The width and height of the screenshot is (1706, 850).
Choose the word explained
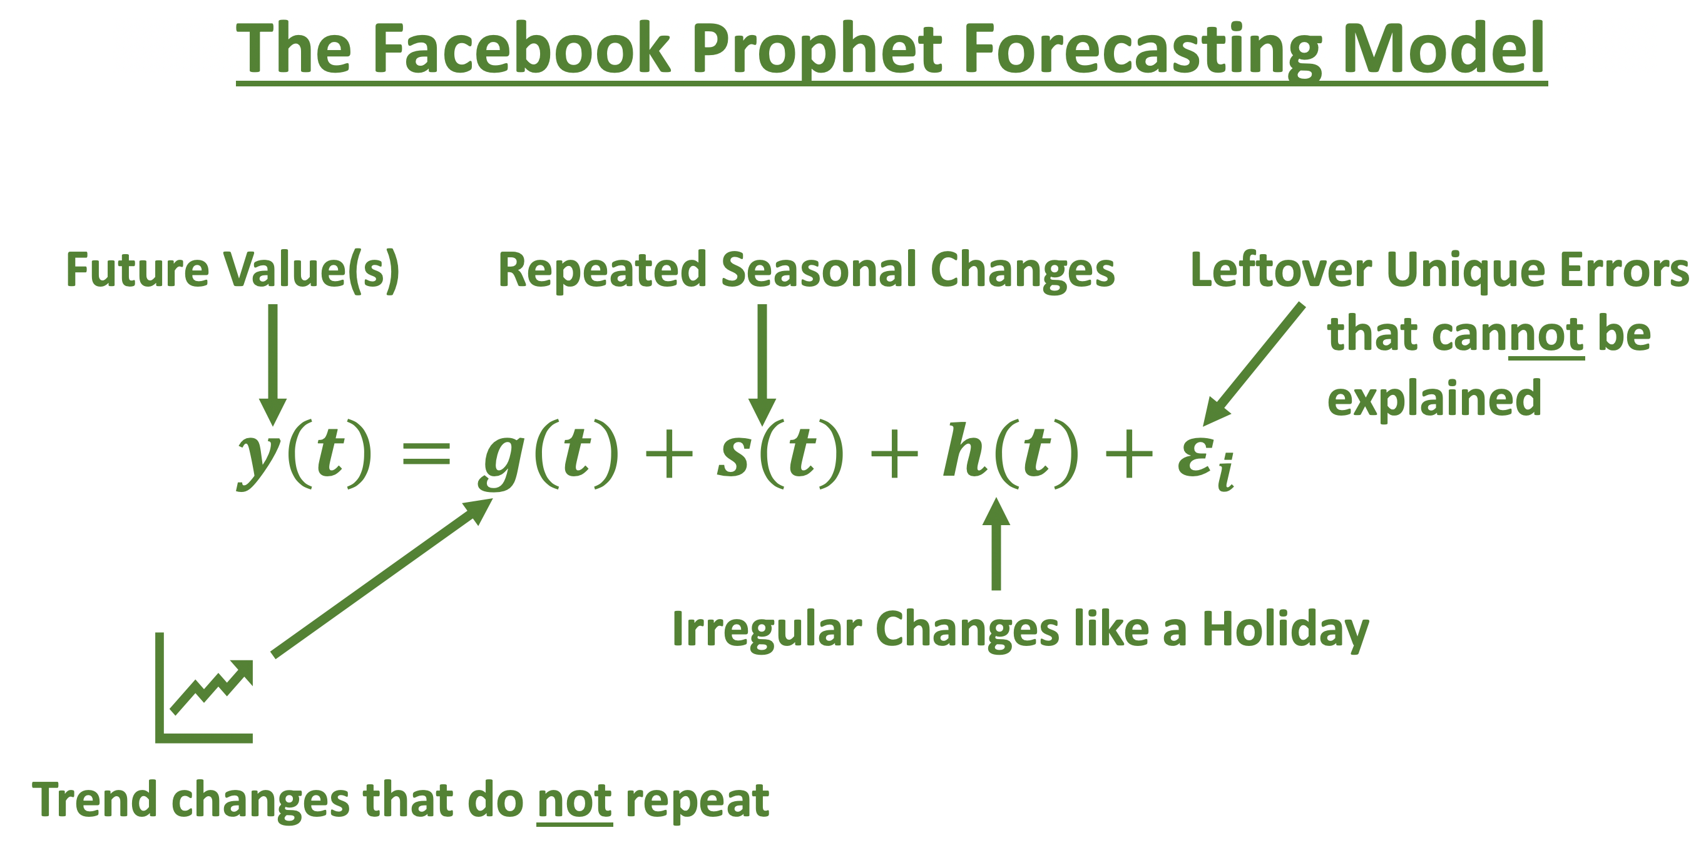[1434, 399]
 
